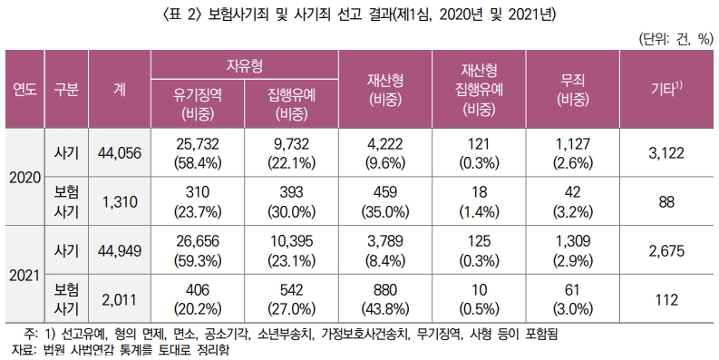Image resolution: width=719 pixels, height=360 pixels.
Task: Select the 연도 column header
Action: click(x=23, y=90)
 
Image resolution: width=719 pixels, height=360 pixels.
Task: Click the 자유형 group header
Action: click(x=245, y=66)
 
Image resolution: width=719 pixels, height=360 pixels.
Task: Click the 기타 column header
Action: click(x=667, y=90)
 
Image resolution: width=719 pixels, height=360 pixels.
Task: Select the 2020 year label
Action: click(x=23, y=177)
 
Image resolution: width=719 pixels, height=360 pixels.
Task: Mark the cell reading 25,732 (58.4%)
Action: click(x=198, y=153)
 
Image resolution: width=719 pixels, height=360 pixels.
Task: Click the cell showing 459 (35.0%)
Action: click(x=386, y=200)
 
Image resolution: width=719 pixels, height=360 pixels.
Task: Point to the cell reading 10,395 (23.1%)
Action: click(x=292, y=248)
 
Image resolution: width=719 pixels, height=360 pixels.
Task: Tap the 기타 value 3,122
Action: click(x=667, y=153)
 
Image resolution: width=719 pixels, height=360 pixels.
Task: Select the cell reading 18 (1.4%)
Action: click(x=481, y=200)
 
